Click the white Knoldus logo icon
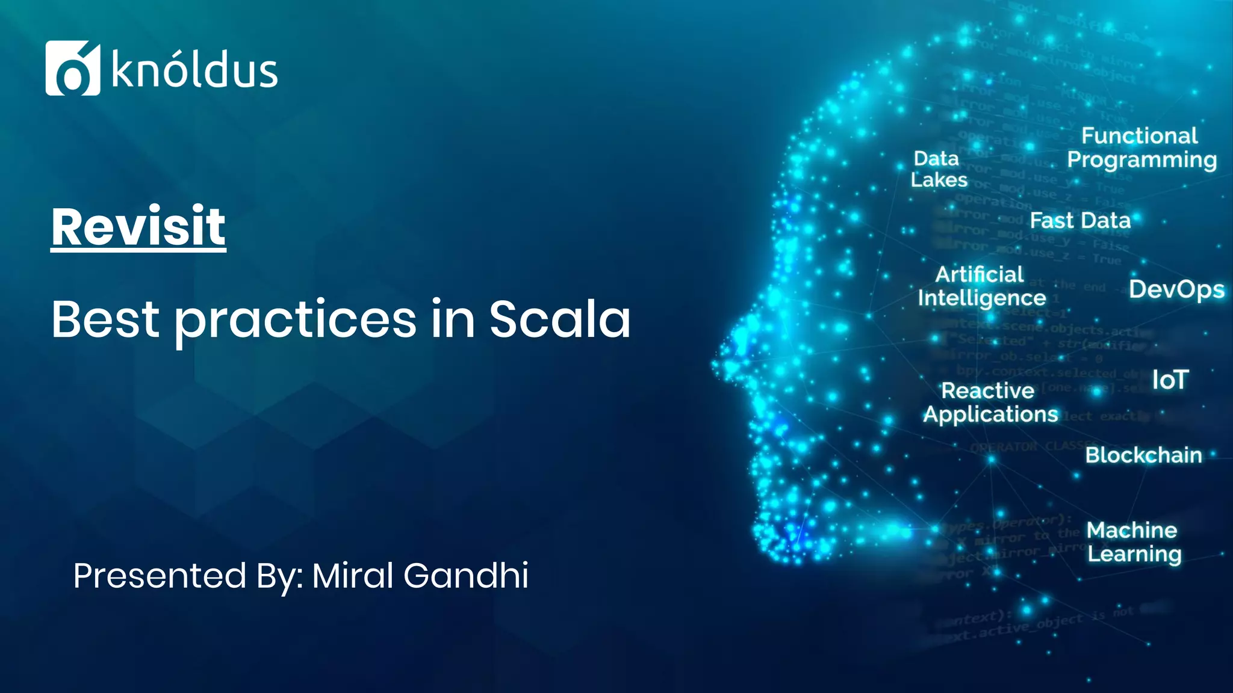72,68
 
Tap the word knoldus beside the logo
194,71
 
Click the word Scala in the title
559,319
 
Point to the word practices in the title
295,320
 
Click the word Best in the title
105,319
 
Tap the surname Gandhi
466,575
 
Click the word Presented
160,575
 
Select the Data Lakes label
938,169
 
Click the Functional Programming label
1141,148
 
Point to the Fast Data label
1080,221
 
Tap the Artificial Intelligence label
981,286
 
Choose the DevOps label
1176,289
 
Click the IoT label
1170,380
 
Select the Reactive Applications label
990,402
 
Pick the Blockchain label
1143,455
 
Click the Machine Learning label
1134,542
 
